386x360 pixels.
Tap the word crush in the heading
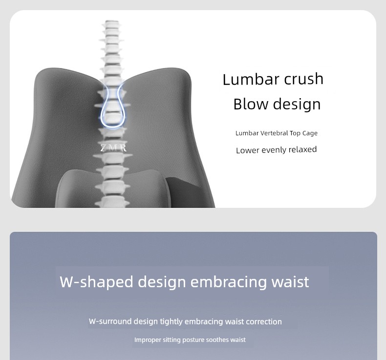click(304, 79)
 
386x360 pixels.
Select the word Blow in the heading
click(251, 104)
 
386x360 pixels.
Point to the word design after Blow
click(297, 105)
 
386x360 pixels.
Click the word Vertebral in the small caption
click(274, 133)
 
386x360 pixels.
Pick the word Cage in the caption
click(310, 133)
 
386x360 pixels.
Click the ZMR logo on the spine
click(113, 148)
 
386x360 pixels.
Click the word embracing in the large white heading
click(229, 282)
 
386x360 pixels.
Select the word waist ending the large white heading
click(290, 282)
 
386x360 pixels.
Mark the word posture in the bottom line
click(193, 340)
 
